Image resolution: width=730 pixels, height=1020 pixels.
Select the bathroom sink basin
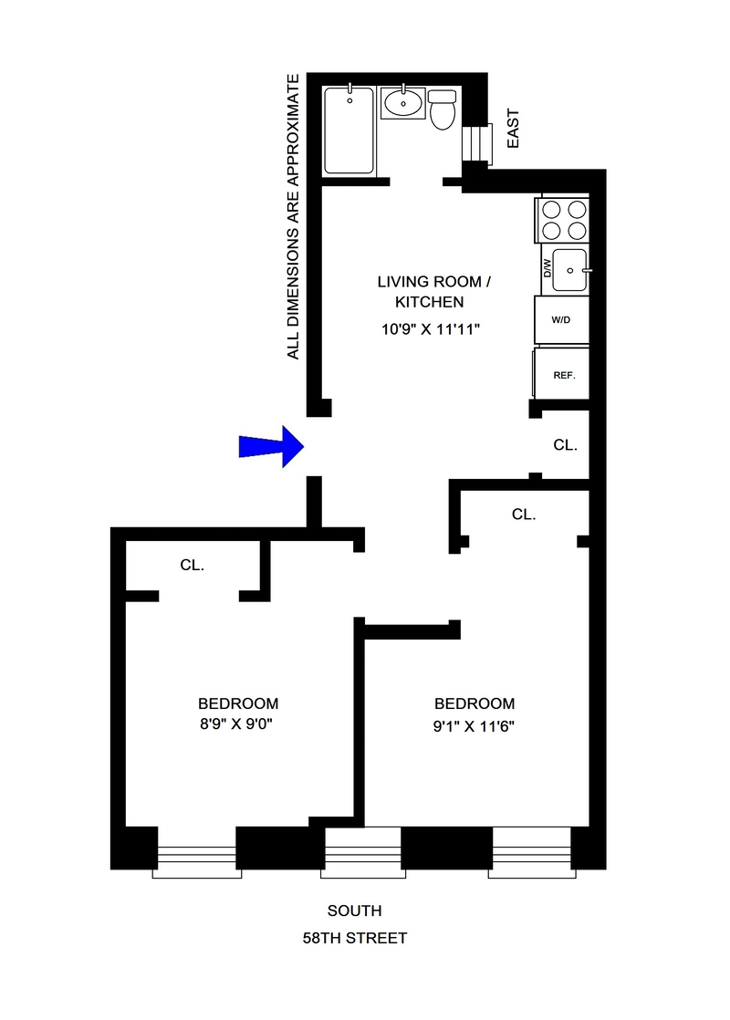coord(401,103)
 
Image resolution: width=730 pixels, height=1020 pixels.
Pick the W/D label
coord(561,321)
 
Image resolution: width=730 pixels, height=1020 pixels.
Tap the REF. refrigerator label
coord(564,375)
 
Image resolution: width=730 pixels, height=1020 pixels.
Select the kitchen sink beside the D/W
coord(570,270)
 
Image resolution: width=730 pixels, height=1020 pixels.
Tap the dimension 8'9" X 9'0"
coord(238,727)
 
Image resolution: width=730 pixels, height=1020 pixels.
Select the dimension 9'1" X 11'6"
coord(474,727)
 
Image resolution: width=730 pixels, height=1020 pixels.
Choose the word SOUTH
coord(355,911)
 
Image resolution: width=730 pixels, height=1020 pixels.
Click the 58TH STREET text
coord(355,937)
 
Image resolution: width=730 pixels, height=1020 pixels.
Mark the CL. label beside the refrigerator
coord(565,445)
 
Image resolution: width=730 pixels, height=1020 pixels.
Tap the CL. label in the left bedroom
coord(192,565)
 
